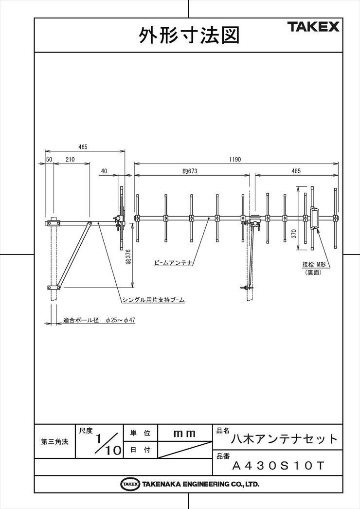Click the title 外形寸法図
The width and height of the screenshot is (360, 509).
[x=189, y=35]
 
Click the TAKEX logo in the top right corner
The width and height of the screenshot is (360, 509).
[x=313, y=27]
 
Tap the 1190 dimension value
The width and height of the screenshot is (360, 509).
[x=235, y=160]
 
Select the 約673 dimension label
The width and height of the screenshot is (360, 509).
[x=190, y=171]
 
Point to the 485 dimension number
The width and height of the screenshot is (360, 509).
[x=296, y=171]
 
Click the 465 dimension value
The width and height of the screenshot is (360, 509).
[x=83, y=147]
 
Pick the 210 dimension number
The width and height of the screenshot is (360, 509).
[x=70, y=160]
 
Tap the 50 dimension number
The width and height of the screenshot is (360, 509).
[x=49, y=160]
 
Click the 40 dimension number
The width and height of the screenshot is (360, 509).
[x=104, y=171]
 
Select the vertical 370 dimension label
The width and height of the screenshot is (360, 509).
[x=294, y=234]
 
